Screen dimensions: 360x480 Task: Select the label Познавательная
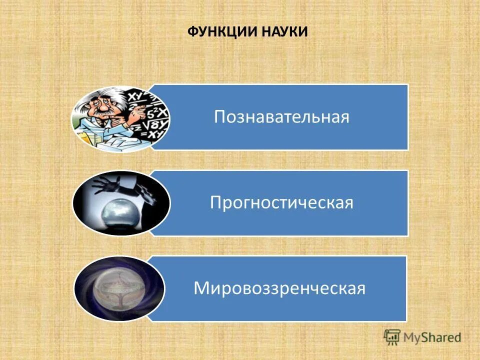[x=281, y=117]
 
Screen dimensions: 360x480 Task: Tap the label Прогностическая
[x=281, y=203]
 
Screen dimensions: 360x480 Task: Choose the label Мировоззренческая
[x=279, y=288]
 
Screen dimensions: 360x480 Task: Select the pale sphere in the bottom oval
[x=119, y=289]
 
